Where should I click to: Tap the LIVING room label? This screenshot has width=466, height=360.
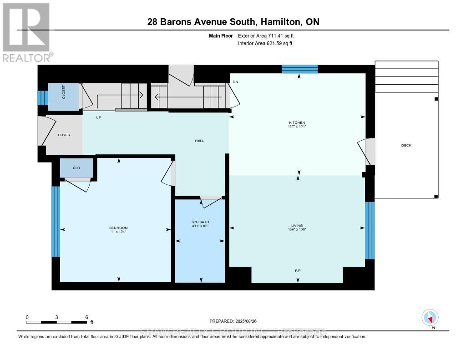[x=297, y=225]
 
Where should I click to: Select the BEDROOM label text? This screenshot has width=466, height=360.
[x=118, y=228]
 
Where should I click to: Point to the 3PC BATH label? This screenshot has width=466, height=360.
[x=200, y=222]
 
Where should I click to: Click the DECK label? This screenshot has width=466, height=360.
[x=406, y=145]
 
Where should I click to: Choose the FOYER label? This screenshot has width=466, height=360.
[x=64, y=135]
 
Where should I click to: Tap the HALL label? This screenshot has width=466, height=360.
[x=199, y=141]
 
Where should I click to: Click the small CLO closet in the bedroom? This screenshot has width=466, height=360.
[x=76, y=168]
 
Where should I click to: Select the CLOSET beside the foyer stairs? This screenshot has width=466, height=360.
[x=64, y=96]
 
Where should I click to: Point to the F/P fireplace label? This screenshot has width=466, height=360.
[x=298, y=271]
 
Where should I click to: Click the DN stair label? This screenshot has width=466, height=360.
[x=235, y=82]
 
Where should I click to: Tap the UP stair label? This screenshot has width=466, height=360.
[x=98, y=117]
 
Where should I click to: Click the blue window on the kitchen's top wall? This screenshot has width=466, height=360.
[x=299, y=69]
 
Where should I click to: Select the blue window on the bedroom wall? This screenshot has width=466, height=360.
[x=56, y=221]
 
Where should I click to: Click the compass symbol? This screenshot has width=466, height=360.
[x=430, y=317]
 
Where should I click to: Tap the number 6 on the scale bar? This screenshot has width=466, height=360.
[x=86, y=317]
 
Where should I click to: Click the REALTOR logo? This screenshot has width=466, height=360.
[x=26, y=32]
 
